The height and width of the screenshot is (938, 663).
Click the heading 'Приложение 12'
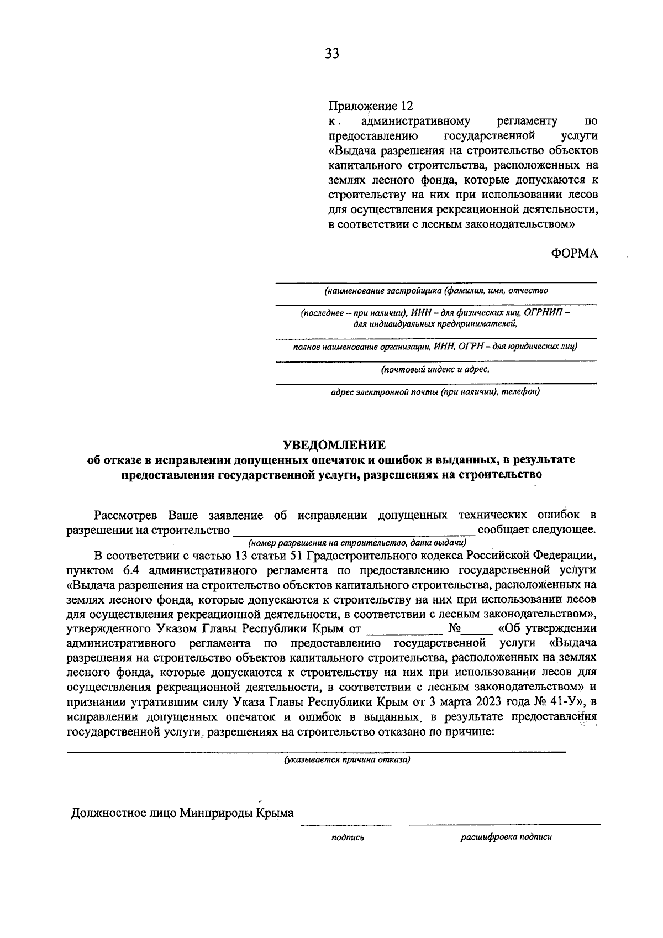coord(371,106)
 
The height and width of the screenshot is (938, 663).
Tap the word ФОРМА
coord(574,253)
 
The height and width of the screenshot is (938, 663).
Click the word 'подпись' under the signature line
coord(347,837)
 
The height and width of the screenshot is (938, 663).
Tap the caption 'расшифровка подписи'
coord(506,836)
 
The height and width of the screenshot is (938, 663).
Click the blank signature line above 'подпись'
coord(346,825)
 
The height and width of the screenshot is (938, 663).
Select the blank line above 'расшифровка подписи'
coord(504,825)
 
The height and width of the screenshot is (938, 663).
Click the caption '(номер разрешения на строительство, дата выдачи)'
coord(357,542)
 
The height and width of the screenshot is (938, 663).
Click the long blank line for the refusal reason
coord(316,751)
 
